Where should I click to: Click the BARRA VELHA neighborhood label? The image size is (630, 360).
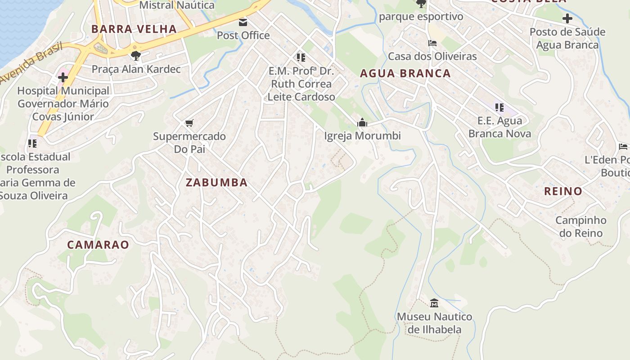click(x=134, y=29)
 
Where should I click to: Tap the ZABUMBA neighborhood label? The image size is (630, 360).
click(x=216, y=182)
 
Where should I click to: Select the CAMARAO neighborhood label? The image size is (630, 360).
click(x=98, y=245)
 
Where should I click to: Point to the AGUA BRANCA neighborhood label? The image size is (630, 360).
click(x=405, y=73)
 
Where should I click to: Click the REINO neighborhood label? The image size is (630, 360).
click(x=563, y=191)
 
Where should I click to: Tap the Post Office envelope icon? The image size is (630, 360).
click(x=243, y=22)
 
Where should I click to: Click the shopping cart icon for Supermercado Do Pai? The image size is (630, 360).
click(x=189, y=123)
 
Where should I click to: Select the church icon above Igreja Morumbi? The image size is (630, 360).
click(x=362, y=122)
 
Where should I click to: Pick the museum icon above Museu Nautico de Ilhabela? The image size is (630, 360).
click(x=434, y=303)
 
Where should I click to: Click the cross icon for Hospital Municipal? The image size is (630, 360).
click(x=63, y=77)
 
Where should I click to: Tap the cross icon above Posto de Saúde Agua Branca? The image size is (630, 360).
click(x=567, y=18)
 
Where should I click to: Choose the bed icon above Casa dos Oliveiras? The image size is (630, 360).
click(x=432, y=43)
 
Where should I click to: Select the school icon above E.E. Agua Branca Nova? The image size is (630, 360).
click(x=499, y=108)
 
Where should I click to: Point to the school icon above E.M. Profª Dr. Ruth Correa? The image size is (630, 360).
click(x=301, y=58)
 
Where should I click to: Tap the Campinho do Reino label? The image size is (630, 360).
click(x=580, y=227)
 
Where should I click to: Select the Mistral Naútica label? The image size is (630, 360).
click(x=177, y=5)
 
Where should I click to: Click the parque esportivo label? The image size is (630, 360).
click(x=421, y=17)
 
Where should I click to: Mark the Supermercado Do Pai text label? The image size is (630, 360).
click(x=189, y=142)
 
